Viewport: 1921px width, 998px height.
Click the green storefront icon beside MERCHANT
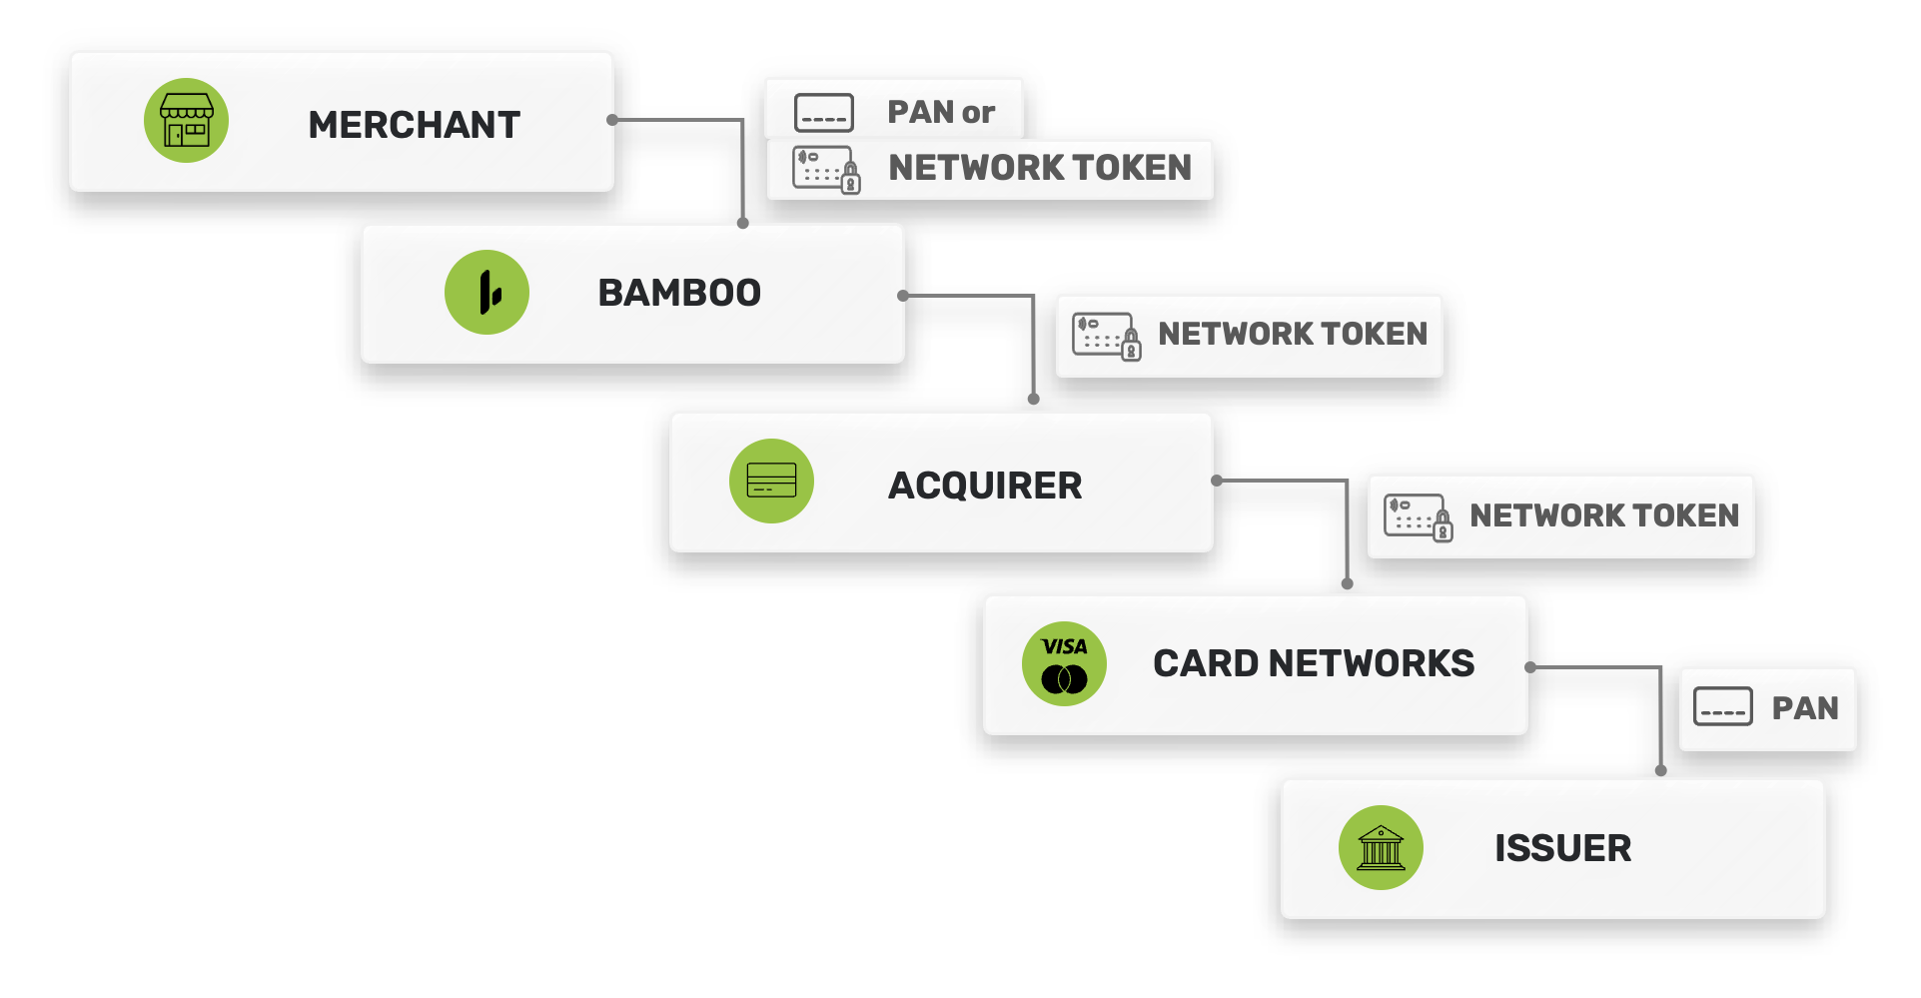(x=186, y=121)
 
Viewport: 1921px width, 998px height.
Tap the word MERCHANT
(x=414, y=125)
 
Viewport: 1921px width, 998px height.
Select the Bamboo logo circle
(x=486, y=293)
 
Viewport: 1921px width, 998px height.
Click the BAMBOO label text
(x=679, y=293)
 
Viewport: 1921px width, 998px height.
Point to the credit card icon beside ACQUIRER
(x=771, y=481)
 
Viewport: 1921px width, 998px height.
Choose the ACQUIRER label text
(x=985, y=486)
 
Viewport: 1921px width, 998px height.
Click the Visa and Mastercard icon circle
(x=1064, y=664)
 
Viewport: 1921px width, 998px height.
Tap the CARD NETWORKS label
(x=1314, y=663)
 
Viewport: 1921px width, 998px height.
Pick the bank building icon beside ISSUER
(x=1381, y=848)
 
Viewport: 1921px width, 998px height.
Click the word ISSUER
(x=1562, y=848)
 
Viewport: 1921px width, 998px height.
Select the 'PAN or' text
(x=941, y=112)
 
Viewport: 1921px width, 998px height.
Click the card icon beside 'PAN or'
(x=824, y=113)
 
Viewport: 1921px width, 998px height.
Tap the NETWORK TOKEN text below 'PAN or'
(x=1040, y=168)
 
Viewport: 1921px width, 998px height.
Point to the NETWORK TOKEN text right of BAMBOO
(x=1293, y=334)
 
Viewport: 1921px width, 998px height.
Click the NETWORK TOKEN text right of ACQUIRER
(x=1604, y=515)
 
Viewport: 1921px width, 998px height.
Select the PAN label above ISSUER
(x=1805, y=708)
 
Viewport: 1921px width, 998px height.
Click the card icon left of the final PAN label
(x=1723, y=707)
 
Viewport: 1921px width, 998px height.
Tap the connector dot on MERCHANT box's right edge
(x=612, y=120)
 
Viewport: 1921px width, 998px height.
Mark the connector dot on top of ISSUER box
(x=1661, y=771)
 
